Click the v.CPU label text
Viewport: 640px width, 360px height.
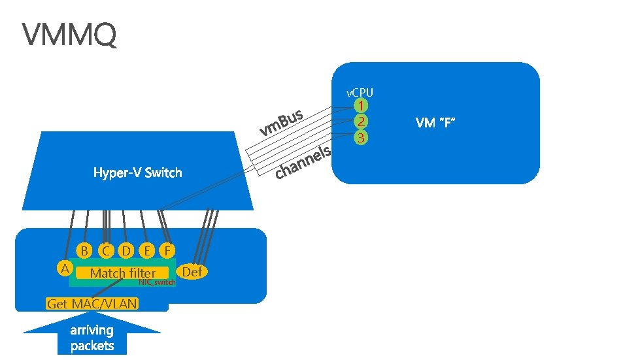(360, 93)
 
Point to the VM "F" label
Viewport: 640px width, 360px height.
(435, 122)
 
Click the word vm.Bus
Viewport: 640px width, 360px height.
(281, 122)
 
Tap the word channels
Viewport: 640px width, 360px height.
(303, 163)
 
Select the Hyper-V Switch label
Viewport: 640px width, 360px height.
(137, 172)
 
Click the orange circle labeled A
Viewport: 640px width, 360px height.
(64, 268)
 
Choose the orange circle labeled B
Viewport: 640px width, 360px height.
(84, 250)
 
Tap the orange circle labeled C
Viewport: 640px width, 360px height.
(105, 250)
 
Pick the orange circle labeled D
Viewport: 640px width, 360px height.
(126, 250)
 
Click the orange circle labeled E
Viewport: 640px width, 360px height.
(147, 250)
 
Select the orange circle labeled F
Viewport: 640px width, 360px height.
(168, 250)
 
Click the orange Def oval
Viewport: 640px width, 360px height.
(192, 271)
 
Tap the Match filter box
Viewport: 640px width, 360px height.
(123, 273)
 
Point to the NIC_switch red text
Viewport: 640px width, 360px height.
(157, 282)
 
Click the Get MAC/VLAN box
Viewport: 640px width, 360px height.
(92, 304)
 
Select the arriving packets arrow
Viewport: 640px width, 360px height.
(92, 336)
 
